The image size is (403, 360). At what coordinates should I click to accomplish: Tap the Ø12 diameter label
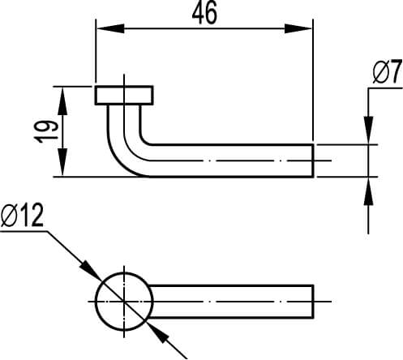[22, 216]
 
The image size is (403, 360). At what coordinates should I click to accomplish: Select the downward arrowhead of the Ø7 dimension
[368, 133]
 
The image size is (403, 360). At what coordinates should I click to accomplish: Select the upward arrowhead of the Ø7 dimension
[368, 188]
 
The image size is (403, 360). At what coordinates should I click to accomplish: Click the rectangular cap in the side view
[124, 95]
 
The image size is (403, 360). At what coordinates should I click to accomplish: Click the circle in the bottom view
[124, 300]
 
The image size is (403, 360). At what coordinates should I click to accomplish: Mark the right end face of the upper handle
[312, 161]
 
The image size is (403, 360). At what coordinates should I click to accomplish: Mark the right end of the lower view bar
[312, 300]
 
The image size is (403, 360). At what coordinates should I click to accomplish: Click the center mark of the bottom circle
[124, 300]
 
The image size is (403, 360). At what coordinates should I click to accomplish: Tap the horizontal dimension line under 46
[203, 29]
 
